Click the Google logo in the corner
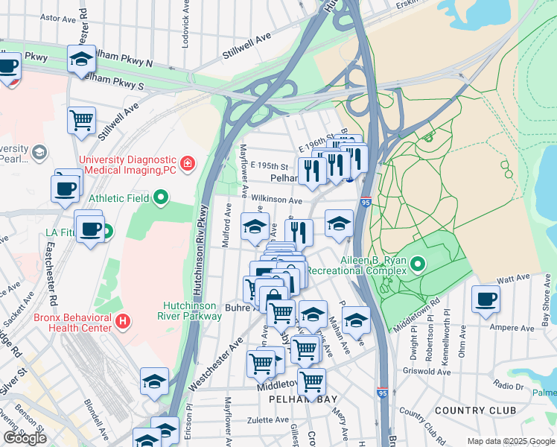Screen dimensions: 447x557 [25, 438]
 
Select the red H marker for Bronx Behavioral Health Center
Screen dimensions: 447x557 [124, 322]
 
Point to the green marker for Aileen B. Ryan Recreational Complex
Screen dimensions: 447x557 [418, 264]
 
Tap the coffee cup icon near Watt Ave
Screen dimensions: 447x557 [486, 299]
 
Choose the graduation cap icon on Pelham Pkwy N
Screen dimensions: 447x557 [81, 60]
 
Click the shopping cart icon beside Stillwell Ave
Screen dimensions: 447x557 [81, 121]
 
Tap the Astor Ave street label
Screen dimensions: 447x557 [60, 16]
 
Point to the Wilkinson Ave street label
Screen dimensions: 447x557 [276, 200]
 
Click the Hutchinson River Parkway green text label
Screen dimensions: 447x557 [192, 311]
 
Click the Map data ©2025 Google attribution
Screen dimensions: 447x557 [510, 441]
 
